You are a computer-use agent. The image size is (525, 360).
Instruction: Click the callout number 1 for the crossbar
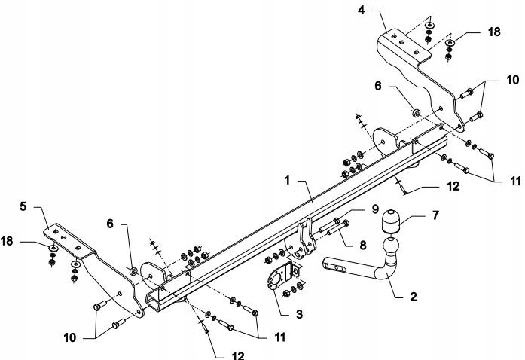(287, 181)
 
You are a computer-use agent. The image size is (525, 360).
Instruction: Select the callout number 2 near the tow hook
(414, 297)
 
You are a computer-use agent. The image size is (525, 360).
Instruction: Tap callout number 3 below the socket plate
(299, 314)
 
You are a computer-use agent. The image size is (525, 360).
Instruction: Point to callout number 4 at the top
(362, 10)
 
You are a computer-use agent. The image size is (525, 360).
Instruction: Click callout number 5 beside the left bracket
(23, 206)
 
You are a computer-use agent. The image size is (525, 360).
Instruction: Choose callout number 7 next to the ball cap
(435, 215)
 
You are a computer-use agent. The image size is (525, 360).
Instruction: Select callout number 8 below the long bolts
(363, 245)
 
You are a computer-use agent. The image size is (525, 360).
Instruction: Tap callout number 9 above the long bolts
(375, 209)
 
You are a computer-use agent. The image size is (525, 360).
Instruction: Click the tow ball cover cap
(390, 221)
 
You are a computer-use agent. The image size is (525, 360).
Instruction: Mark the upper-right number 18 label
(494, 32)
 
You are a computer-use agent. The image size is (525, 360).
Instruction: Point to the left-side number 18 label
(7, 241)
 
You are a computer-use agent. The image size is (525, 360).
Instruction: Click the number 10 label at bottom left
(70, 337)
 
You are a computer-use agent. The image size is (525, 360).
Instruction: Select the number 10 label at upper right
(513, 80)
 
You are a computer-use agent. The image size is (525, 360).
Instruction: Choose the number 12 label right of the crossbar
(453, 186)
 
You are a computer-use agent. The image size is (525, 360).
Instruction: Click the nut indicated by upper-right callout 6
(416, 113)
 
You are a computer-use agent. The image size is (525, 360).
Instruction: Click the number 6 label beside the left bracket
(110, 224)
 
